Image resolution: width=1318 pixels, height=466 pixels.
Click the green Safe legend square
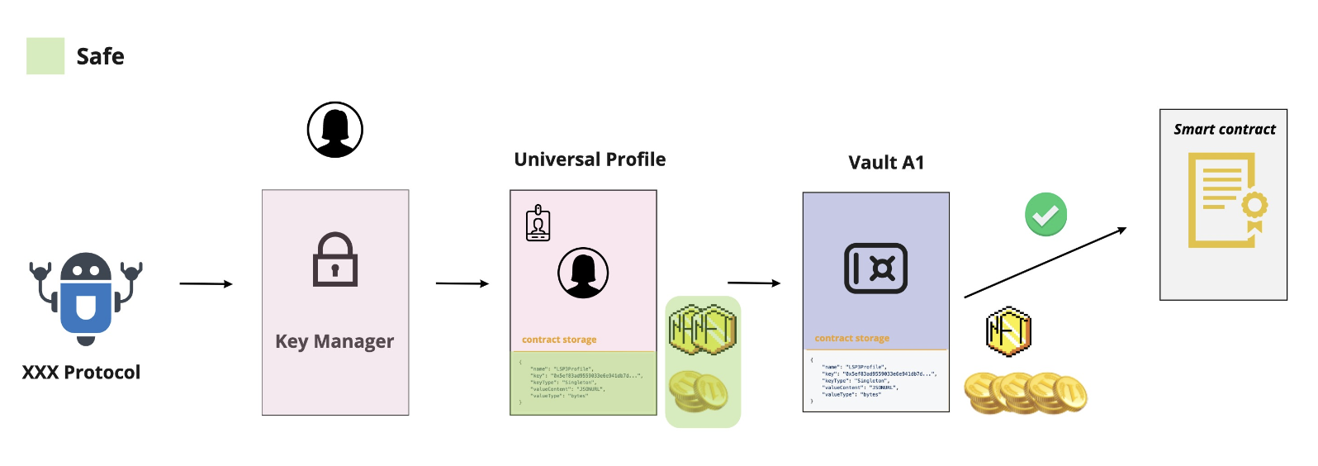point(45,56)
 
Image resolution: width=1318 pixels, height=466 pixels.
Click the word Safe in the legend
point(100,56)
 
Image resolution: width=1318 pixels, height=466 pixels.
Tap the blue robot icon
point(86,297)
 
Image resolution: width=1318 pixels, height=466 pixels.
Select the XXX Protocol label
point(81,373)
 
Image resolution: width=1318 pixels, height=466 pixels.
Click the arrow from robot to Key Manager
point(206,283)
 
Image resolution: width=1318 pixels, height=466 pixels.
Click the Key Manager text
point(334,341)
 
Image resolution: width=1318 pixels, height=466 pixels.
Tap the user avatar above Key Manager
point(335,130)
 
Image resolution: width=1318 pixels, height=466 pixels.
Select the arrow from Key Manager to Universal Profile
point(462,283)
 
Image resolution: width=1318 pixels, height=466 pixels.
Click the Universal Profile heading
point(590,159)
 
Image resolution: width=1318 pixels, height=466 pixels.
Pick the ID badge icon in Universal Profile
point(538,223)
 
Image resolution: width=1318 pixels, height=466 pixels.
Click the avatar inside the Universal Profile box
point(583,273)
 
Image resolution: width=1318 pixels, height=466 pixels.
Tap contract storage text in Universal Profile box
point(559,340)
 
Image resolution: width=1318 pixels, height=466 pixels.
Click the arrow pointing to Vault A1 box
point(753,283)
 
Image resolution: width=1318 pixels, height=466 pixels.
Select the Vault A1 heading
point(886,163)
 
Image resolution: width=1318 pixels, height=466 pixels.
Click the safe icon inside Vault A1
point(875,269)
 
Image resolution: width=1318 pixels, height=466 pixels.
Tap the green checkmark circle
point(1045,215)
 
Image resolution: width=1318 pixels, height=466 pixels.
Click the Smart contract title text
point(1225,130)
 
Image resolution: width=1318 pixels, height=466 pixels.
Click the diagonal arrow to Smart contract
point(1045,263)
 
